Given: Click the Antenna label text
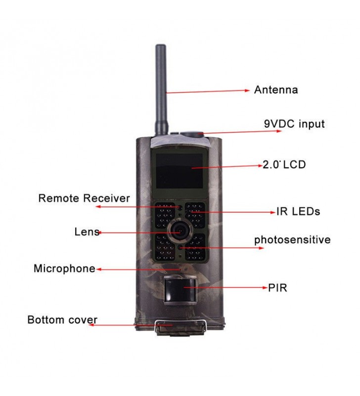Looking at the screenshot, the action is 276,90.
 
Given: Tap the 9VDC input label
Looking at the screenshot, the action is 294,124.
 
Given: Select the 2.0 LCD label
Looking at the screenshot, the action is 284,165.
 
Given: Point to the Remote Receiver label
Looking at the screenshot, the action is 84,198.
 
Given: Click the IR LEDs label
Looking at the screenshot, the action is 298,211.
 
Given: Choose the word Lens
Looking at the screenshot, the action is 87,232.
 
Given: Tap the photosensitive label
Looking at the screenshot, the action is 292,240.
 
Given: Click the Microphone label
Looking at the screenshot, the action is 65,268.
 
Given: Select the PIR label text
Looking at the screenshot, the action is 277,288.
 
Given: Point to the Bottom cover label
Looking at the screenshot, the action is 62,320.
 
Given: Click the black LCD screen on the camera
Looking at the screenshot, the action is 179,171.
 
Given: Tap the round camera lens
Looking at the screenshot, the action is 180,231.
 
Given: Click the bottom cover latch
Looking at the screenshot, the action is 180,328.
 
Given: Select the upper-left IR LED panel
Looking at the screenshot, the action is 165,215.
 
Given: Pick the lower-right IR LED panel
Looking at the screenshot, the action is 195,248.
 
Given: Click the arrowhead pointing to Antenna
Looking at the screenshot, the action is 247,91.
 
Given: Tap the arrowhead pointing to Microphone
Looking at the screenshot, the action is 99,269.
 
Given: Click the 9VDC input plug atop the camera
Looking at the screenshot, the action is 192,134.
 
